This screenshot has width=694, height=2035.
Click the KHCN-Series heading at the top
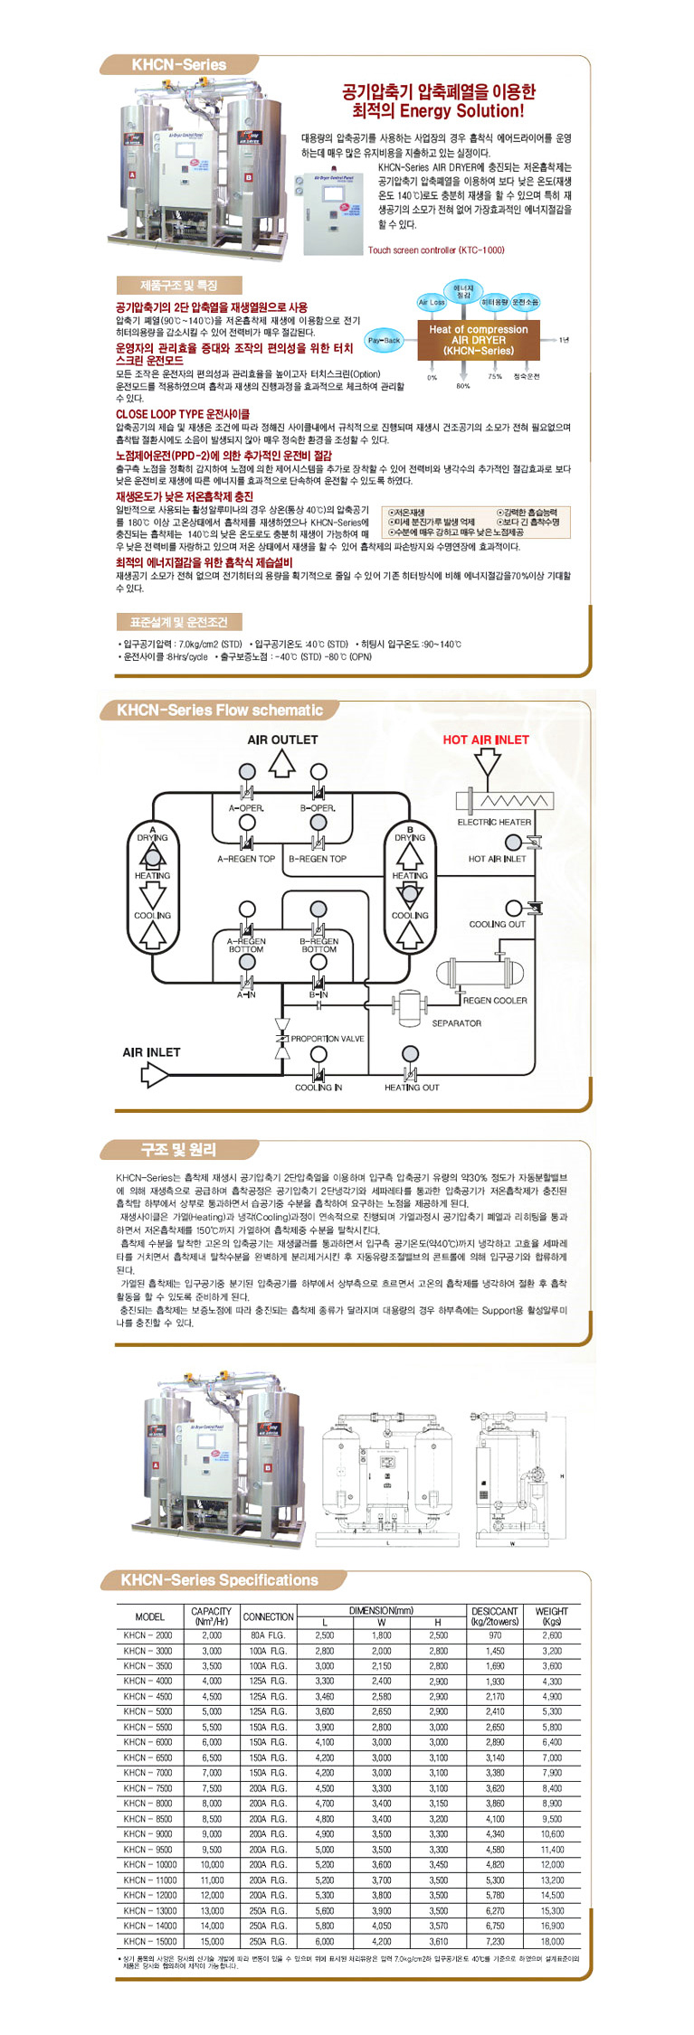[x=178, y=65]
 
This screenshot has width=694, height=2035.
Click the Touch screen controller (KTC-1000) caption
[x=435, y=250]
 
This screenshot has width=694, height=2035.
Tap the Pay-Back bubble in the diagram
[x=384, y=341]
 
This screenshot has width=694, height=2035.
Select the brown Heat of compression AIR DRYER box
[x=478, y=340]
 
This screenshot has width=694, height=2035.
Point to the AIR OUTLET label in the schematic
[x=282, y=740]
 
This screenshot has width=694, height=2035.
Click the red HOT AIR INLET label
[x=486, y=740]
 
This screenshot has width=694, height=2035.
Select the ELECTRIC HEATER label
[x=494, y=822]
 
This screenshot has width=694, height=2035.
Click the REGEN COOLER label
[x=494, y=1000]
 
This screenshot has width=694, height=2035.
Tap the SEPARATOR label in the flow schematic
[x=456, y=1023]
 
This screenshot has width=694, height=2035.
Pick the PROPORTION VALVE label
[x=327, y=1039]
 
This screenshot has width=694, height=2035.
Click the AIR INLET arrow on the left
[x=155, y=1075]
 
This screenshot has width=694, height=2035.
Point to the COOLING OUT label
[x=497, y=924]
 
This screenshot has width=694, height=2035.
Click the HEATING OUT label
[x=412, y=1088]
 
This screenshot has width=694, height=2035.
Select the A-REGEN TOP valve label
[x=246, y=859]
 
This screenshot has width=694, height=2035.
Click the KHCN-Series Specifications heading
[x=219, y=1580]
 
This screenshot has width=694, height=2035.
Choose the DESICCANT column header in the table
[x=495, y=1616]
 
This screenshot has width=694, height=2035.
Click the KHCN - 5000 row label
[x=148, y=1711]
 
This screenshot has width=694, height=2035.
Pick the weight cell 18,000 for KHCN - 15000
[x=552, y=1941]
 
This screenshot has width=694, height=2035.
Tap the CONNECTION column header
[x=269, y=1616]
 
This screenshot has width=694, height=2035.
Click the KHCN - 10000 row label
[x=150, y=1864]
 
